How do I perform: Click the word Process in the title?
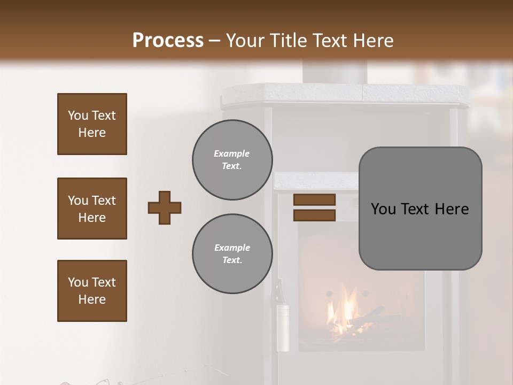pyautogui.click(x=168, y=41)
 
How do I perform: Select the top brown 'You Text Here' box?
pyautogui.click(x=92, y=124)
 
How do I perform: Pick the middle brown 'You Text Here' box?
pyautogui.click(x=92, y=209)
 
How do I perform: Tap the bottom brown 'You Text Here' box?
pyautogui.click(x=92, y=290)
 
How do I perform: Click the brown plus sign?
pyautogui.click(x=165, y=207)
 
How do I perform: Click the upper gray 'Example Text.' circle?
pyautogui.click(x=232, y=160)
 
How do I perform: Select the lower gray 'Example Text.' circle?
pyautogui.click(x=232, y=254)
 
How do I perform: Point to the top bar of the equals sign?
pyautogui.click(x=314, y=200)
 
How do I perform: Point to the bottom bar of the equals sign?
pyautogui.click(x=314, y=215)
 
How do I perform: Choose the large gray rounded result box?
pyautogui.click(x=420, y=208)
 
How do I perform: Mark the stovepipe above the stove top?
pyautogui.click(x=335, y=72)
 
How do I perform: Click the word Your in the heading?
pyautogui.click(x=245, y=41)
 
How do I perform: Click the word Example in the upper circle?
pyautogui.click(x=231, y=153)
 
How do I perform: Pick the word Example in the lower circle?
pyautogui.click(x=232, y=248)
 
